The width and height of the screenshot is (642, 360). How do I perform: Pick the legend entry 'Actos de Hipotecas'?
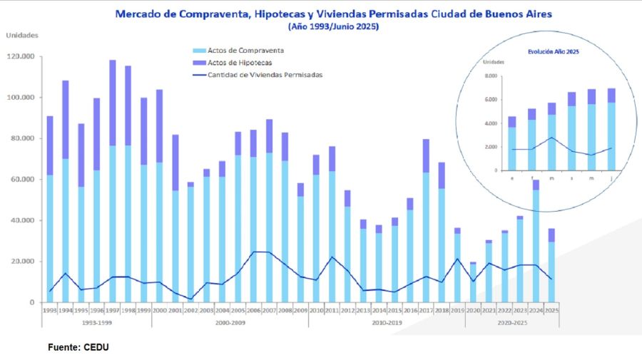coord(235,62)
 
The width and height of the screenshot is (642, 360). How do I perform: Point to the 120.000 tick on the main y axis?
coord(21,56)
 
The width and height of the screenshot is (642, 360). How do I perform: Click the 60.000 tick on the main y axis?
coord(22,179)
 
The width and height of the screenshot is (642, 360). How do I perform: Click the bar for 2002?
coord(190,242)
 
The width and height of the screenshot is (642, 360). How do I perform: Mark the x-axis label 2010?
coord(316,310)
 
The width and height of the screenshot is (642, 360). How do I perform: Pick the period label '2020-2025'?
coord(511,322)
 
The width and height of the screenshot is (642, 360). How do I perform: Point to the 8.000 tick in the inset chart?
coord(492,76)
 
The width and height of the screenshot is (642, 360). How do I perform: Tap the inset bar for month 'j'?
coord(611,129)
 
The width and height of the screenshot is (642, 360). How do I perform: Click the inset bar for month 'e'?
coord(511,143)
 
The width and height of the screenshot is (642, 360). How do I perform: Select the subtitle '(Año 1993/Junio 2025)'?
coord(333,26)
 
